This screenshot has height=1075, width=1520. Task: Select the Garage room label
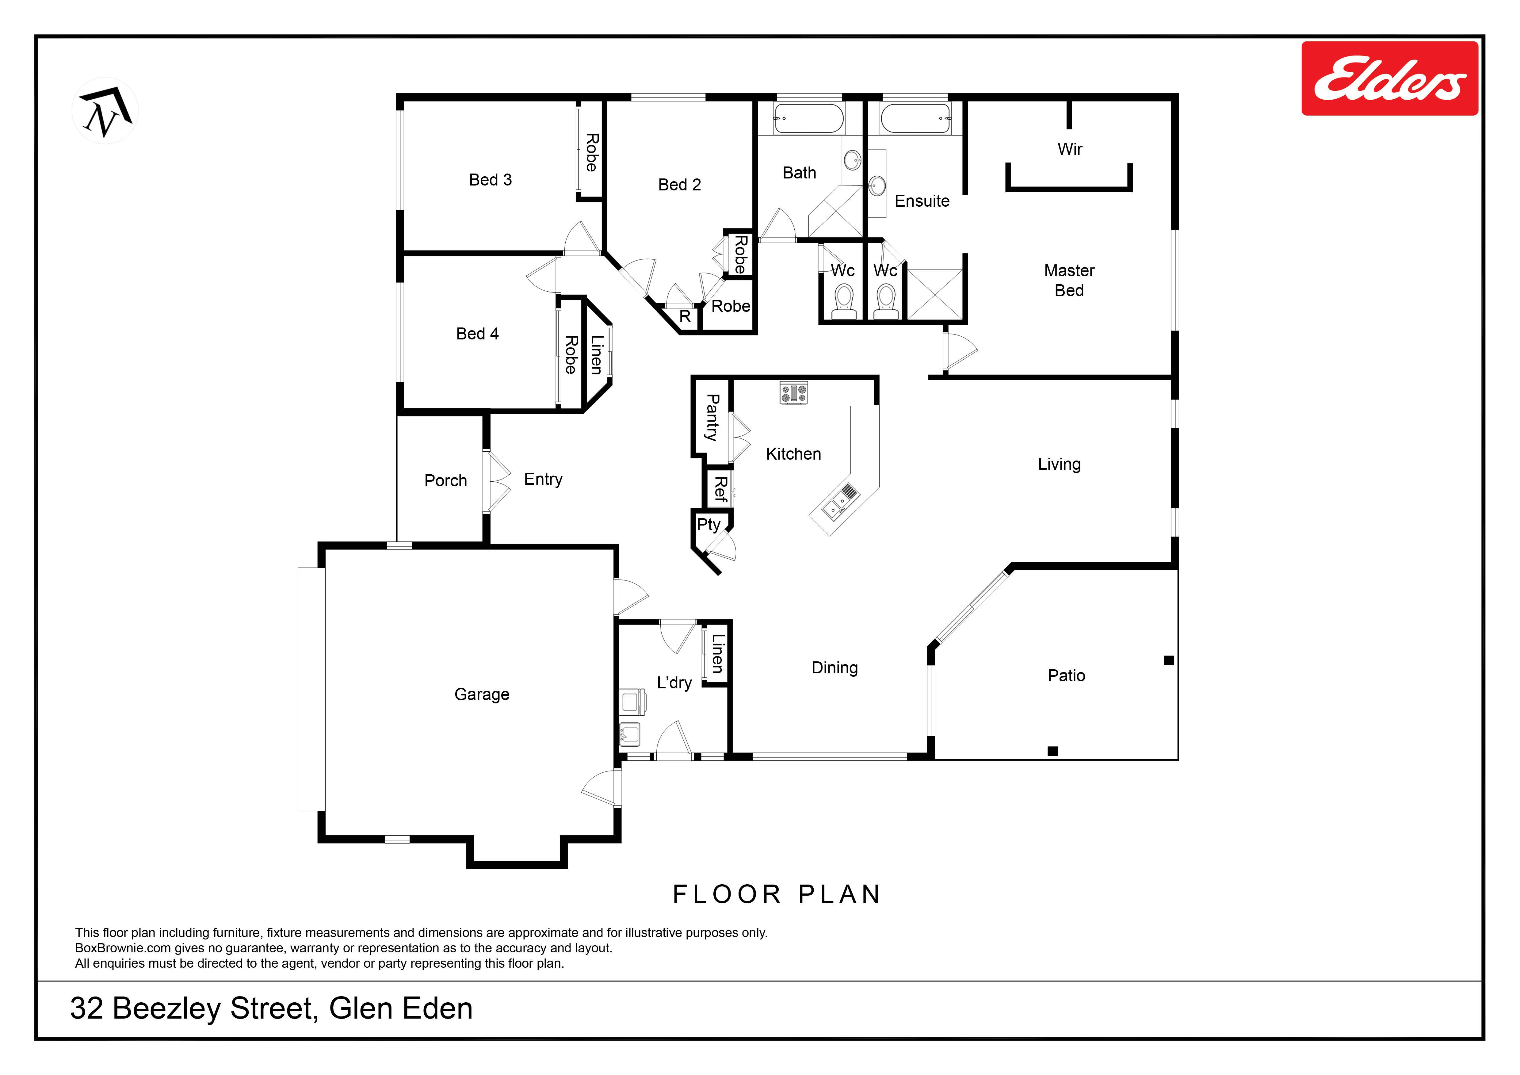482,694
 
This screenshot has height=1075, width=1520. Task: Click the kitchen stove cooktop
794,393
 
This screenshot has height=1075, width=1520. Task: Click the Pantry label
712,418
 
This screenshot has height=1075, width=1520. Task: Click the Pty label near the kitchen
708,525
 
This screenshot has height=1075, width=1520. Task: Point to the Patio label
1067,676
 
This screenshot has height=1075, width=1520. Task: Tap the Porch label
445,480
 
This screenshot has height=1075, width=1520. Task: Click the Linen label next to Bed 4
596,355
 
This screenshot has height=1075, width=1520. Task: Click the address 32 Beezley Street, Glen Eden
271,1009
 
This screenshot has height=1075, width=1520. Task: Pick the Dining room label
835,668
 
